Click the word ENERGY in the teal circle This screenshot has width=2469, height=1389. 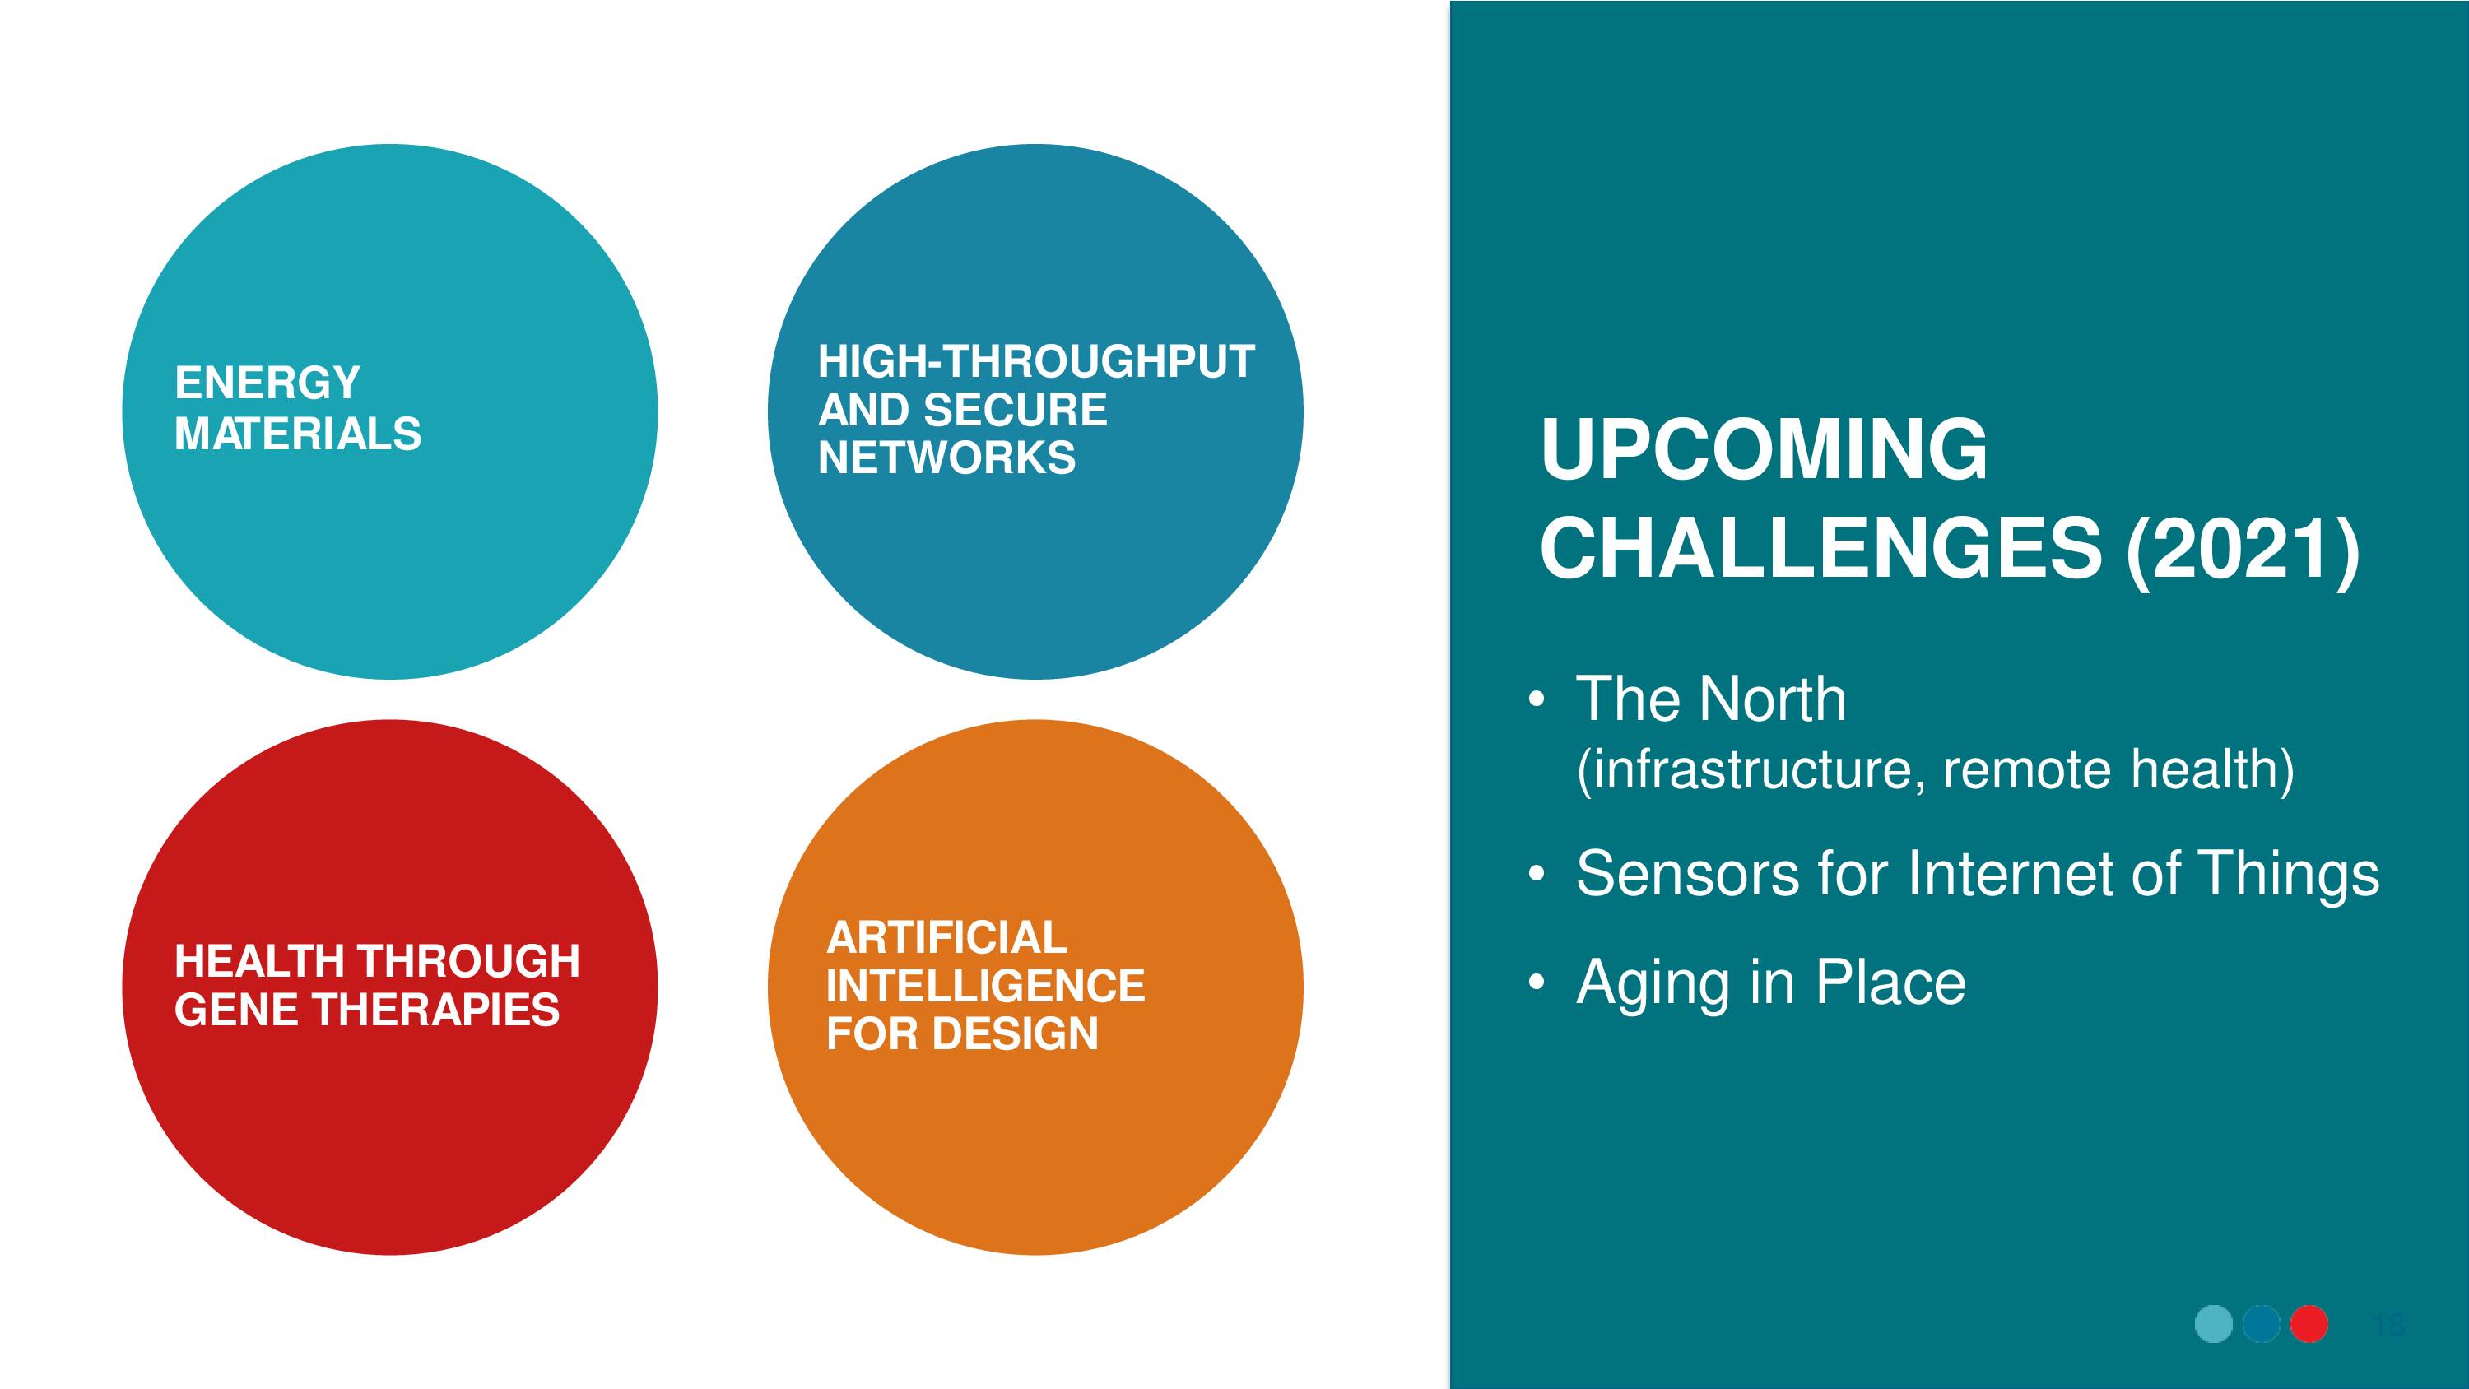point(267,383)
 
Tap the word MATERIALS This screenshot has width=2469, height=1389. point(298,434)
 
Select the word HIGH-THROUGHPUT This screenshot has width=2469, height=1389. point(1036,361)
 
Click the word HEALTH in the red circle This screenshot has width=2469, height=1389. point(258,960)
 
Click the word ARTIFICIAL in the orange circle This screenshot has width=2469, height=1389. point(946,936)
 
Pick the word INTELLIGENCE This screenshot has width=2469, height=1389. point(985,986)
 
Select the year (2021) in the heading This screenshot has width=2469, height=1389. point(2243,550)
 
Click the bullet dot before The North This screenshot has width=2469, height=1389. point(1537,699)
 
